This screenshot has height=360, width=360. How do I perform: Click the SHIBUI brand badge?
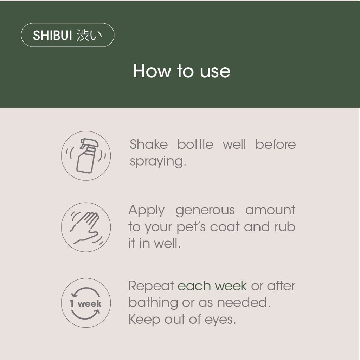(x=67, y=35)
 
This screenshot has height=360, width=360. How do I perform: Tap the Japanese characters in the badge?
(x=89, y=36)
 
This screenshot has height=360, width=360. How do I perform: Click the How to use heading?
(x=182, y=71)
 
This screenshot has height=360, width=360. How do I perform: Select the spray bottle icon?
(x=86, y=156)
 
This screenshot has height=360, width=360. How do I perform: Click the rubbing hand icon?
(x=86, y=227)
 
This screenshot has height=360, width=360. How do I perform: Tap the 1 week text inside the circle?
(x=86, y=303)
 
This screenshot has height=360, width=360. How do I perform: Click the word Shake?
(x=149, y=144)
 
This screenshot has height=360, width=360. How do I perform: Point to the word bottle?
(x=195, y=144)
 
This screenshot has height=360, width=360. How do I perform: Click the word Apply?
(x=147, y=210)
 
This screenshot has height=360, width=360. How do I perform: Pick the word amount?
(x=270, y=210)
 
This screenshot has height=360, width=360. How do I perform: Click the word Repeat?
(x=151, y=286)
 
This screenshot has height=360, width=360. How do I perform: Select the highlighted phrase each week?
(x=212, y=286)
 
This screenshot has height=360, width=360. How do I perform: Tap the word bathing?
(x=153, y=303)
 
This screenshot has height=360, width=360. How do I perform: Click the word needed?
(x=244, y=303)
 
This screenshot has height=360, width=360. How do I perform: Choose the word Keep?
(x=144, y=320)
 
